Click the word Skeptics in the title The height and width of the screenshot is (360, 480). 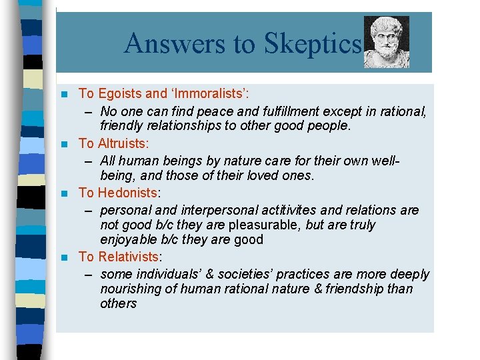[312, 44]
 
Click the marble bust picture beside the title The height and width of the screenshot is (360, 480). [387, 42]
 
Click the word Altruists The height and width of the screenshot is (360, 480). [123, 143]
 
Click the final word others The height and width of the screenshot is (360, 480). [119, 303]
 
